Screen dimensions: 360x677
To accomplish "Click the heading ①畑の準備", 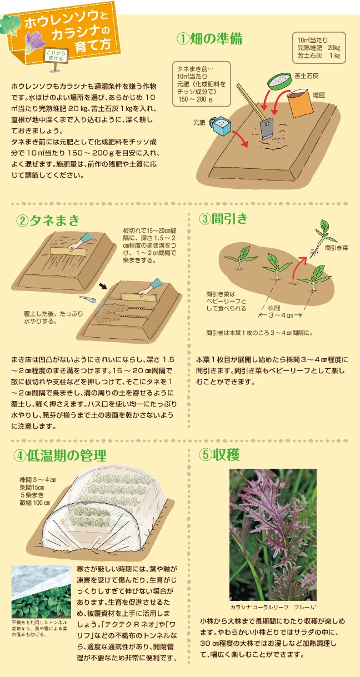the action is [209, 39].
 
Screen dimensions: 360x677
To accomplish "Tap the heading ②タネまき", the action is [48, 220].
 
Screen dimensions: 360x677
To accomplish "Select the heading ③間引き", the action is [223, 218].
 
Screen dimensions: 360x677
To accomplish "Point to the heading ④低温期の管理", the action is [60, 455].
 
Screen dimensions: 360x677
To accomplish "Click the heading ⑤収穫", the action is [219, 454].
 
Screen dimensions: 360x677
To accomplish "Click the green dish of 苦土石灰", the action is [279, 81].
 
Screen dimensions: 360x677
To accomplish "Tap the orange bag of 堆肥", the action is [300, 103].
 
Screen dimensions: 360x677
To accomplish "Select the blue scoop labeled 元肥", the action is [220, 126].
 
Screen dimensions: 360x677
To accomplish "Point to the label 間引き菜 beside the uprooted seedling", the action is [337, 248].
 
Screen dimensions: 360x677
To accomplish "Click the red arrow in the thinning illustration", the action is [299, 266].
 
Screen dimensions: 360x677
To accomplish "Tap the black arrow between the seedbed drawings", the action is [103, 286].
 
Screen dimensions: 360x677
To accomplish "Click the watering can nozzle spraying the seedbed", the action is [88, 299].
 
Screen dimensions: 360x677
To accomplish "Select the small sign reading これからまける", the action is [56, 56].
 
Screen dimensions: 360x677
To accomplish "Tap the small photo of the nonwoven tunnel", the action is [41, 591].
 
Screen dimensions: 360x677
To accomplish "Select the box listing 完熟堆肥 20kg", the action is [319, 48].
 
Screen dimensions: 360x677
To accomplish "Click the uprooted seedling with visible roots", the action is [321, 238].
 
